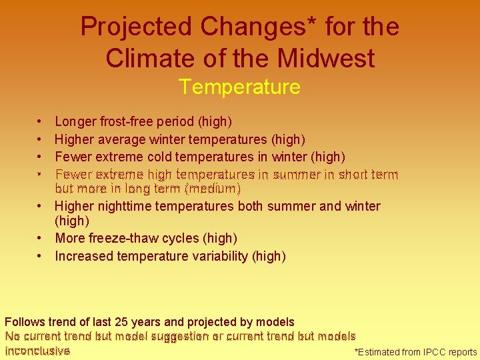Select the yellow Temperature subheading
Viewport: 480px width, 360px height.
tap(239, 87)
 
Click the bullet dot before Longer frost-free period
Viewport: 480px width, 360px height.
tap(41, 122)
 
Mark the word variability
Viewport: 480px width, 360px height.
tap(222, 256)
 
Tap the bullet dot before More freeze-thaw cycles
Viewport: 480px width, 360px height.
tap(41, 238)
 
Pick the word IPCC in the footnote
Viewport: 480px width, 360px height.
tap(431, 352)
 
